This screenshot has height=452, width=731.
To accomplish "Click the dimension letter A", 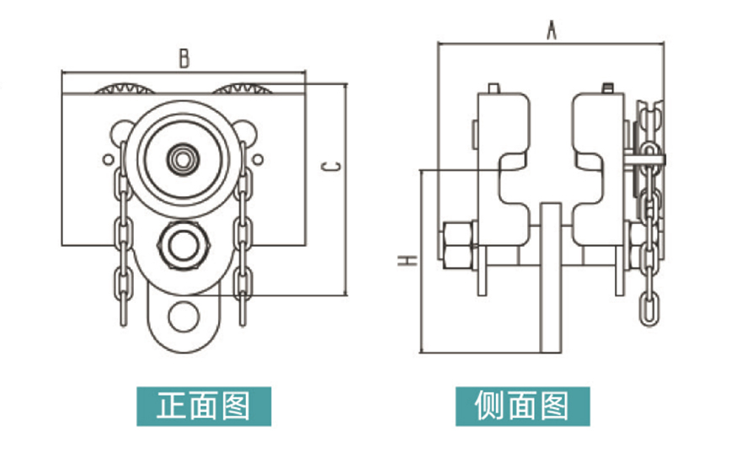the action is coord(552,30).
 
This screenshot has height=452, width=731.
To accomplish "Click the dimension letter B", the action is coord(184,59).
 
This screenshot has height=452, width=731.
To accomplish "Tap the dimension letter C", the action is coord(332,167).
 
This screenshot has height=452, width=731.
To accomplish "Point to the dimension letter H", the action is coord(407,260).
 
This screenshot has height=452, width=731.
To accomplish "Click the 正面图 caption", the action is coord(204,406).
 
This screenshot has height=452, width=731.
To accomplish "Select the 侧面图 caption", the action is coord(522,406).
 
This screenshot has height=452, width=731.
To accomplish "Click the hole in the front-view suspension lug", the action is coord(184,316).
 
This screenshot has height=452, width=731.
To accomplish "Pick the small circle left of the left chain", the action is coord(108,160).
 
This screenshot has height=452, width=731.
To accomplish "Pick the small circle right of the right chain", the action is coord(258,160).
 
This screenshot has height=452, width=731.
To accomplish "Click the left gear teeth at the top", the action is coord(125,88).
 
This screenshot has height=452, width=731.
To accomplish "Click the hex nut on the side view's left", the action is coord(458,246).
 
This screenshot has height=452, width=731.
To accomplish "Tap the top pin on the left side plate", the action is coord(494,88).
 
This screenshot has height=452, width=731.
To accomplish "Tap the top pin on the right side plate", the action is coord(606,88).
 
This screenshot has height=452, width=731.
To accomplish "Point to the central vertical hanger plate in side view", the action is coord(551,278).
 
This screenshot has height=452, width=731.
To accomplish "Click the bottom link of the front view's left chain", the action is coord(124,310).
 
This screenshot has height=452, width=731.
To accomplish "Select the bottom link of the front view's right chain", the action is coord(243,309).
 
